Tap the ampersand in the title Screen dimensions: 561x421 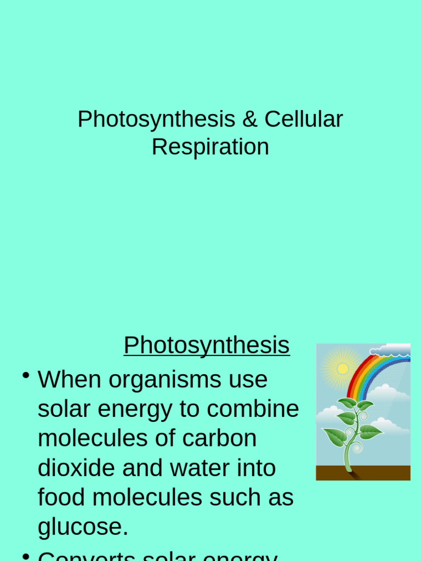tap(249, 119)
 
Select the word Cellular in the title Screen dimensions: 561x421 tap(304, 119)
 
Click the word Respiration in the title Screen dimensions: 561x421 tap(210, 147)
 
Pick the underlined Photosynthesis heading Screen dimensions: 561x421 tap(207, 345)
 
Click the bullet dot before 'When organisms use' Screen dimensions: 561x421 tap(25, 375)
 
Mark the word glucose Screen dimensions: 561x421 tap(83, 527)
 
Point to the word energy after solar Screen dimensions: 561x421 tap(134, 409)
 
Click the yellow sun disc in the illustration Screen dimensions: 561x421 tap(343, 368)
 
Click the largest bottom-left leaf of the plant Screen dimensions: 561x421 tap(334, 437)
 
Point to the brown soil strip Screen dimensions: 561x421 tap(363, 473)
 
